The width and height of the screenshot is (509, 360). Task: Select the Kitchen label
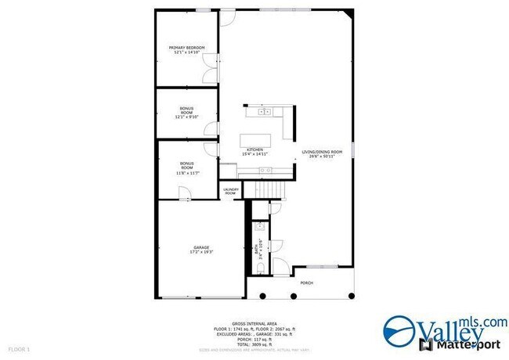pos(254,149)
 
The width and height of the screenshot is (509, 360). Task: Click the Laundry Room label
pos(230,190)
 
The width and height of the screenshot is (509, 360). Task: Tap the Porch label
pos(306,283)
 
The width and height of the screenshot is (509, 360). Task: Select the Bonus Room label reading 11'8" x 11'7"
pos(186,166)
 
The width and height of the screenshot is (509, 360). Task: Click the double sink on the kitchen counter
pos(264,112)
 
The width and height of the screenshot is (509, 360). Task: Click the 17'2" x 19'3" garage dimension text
pos(202,252)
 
